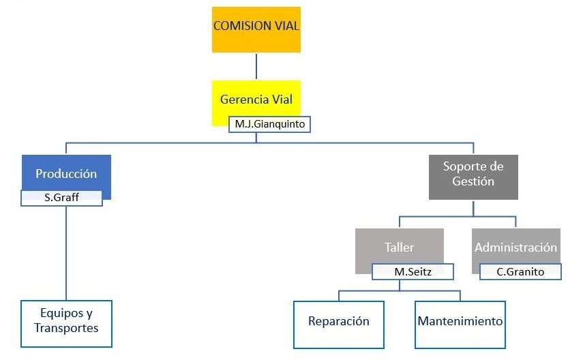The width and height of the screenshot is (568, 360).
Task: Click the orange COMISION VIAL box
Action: tap(256, 29)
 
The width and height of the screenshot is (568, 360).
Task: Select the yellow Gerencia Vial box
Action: tap(256, 95)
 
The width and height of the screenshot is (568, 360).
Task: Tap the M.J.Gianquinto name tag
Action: tap(270, 125)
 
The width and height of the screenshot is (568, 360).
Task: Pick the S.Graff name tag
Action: tap(62, 198)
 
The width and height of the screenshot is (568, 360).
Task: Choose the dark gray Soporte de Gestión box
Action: tap(473, 177)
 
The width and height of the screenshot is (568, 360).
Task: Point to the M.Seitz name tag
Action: tap(413, 271)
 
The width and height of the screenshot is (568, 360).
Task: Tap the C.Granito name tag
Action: tap(520, 271)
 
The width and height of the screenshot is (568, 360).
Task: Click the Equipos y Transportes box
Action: tap(66, 323)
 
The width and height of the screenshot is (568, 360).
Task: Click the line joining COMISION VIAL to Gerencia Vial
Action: tap(256, 66)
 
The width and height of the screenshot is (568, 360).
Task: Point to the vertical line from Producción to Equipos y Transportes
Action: tap(66, 252)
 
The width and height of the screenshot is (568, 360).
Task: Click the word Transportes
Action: tap(67, 328)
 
